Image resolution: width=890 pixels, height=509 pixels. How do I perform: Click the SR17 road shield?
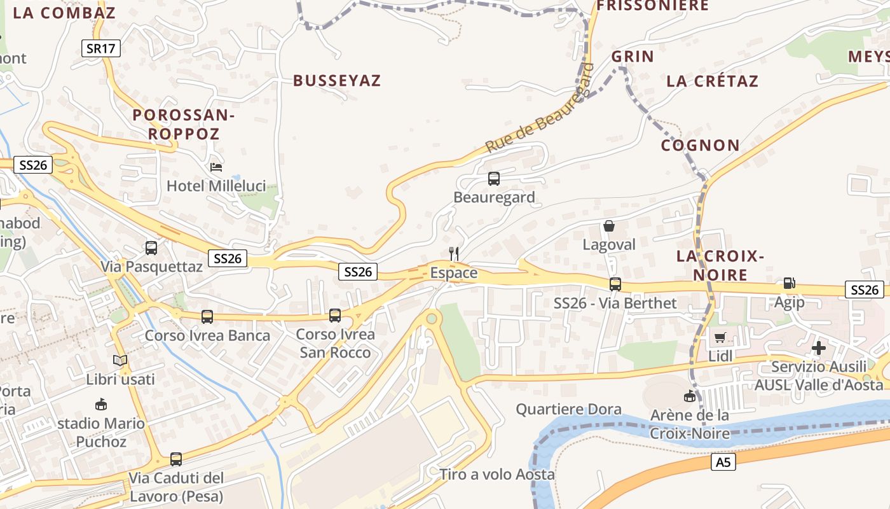(x=101, y=48)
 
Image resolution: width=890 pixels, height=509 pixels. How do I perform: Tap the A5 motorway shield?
(x=723, y=463)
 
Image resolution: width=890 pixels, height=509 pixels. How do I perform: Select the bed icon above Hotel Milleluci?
(x=216, y=167)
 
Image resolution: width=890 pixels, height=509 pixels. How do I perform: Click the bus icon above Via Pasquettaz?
(x=151, y=248)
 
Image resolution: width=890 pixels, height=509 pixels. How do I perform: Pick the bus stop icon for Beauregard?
(x=494, y=179)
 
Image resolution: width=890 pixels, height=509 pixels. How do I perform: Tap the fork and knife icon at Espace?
(x=454, y=253)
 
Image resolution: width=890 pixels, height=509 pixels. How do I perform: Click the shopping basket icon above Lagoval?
(x=609, y=226)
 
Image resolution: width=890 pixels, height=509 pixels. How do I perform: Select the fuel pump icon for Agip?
(x=789, y=283)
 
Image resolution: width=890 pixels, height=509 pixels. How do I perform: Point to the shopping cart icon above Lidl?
(x=720, y=337)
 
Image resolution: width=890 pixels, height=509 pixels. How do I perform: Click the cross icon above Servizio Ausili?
(x=819, y=347)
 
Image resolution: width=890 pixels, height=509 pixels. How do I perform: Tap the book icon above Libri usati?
(x=120, y=361)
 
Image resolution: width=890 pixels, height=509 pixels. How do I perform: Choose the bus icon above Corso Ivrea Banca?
(x=207, y=316)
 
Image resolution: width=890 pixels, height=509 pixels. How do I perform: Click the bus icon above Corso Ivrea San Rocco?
(x=335, y=315)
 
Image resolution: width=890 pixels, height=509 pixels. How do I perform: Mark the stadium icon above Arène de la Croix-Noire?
(x=689, y=396)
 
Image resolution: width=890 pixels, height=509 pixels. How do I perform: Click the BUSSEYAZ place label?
(x=337, y=81)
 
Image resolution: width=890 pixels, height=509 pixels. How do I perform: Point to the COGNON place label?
(x=701, y=146)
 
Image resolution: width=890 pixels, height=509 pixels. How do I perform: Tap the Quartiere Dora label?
(x=568, y=409)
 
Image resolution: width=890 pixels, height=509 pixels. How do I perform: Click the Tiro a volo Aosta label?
(x=497, y=475)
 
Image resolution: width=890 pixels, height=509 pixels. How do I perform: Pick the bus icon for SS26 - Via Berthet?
(x=615, y=284)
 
